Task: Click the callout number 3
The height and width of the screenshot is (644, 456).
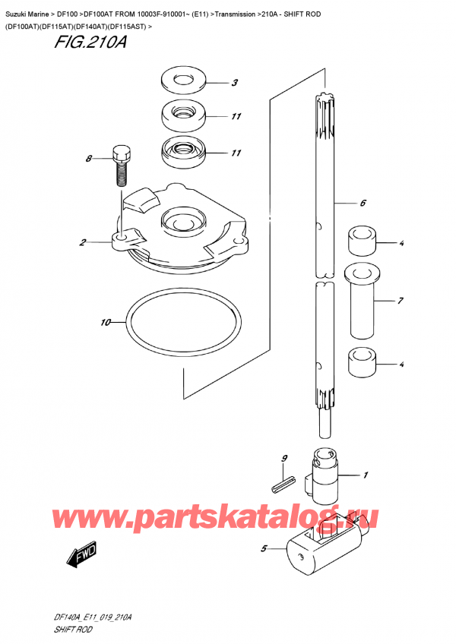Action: (236, 83)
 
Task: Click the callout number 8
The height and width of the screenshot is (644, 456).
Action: (88, 159)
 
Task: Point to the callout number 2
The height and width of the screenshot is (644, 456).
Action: (80, 243)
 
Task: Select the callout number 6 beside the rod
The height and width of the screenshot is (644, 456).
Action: (363, 204)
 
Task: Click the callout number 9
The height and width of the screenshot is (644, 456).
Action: (283, 458)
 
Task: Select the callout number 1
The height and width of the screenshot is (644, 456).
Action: (366, 475)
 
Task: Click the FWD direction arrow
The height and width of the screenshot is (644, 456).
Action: (80, 560)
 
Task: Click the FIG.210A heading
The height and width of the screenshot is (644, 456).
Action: (90, 44)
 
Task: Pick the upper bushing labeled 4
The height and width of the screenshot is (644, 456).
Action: (363, 241)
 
